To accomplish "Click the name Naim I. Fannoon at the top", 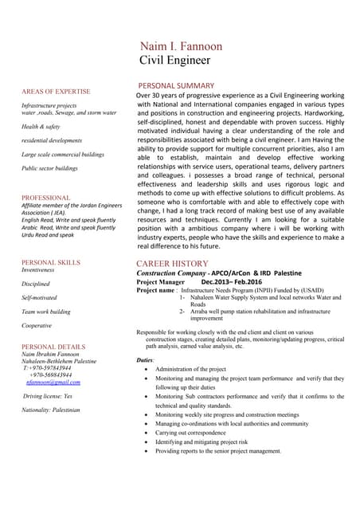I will [181, 46].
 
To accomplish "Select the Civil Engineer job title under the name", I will [174, 60].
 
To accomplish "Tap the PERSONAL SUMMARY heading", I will [176, 85].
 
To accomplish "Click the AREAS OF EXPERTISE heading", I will [56, 92].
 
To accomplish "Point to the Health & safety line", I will [41, 127].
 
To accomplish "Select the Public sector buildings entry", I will [49, 169].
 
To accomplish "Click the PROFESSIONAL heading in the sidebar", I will [46, 198].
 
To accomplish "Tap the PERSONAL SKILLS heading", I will [51, 262].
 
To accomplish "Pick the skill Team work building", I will [46, 312].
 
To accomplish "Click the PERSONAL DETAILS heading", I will [53, 347].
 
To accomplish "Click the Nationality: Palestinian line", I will [51, 410].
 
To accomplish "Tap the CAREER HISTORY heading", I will [173, 263].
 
